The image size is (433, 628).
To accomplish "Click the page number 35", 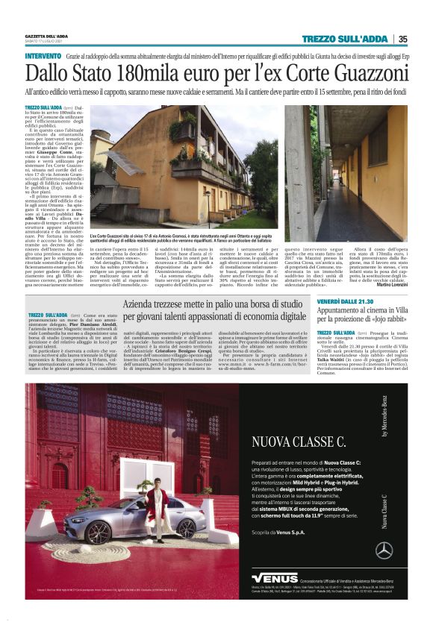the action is (402, 40).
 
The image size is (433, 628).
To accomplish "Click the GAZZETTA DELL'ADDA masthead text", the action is (46, 37).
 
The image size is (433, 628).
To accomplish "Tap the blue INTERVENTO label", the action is (43, 57).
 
